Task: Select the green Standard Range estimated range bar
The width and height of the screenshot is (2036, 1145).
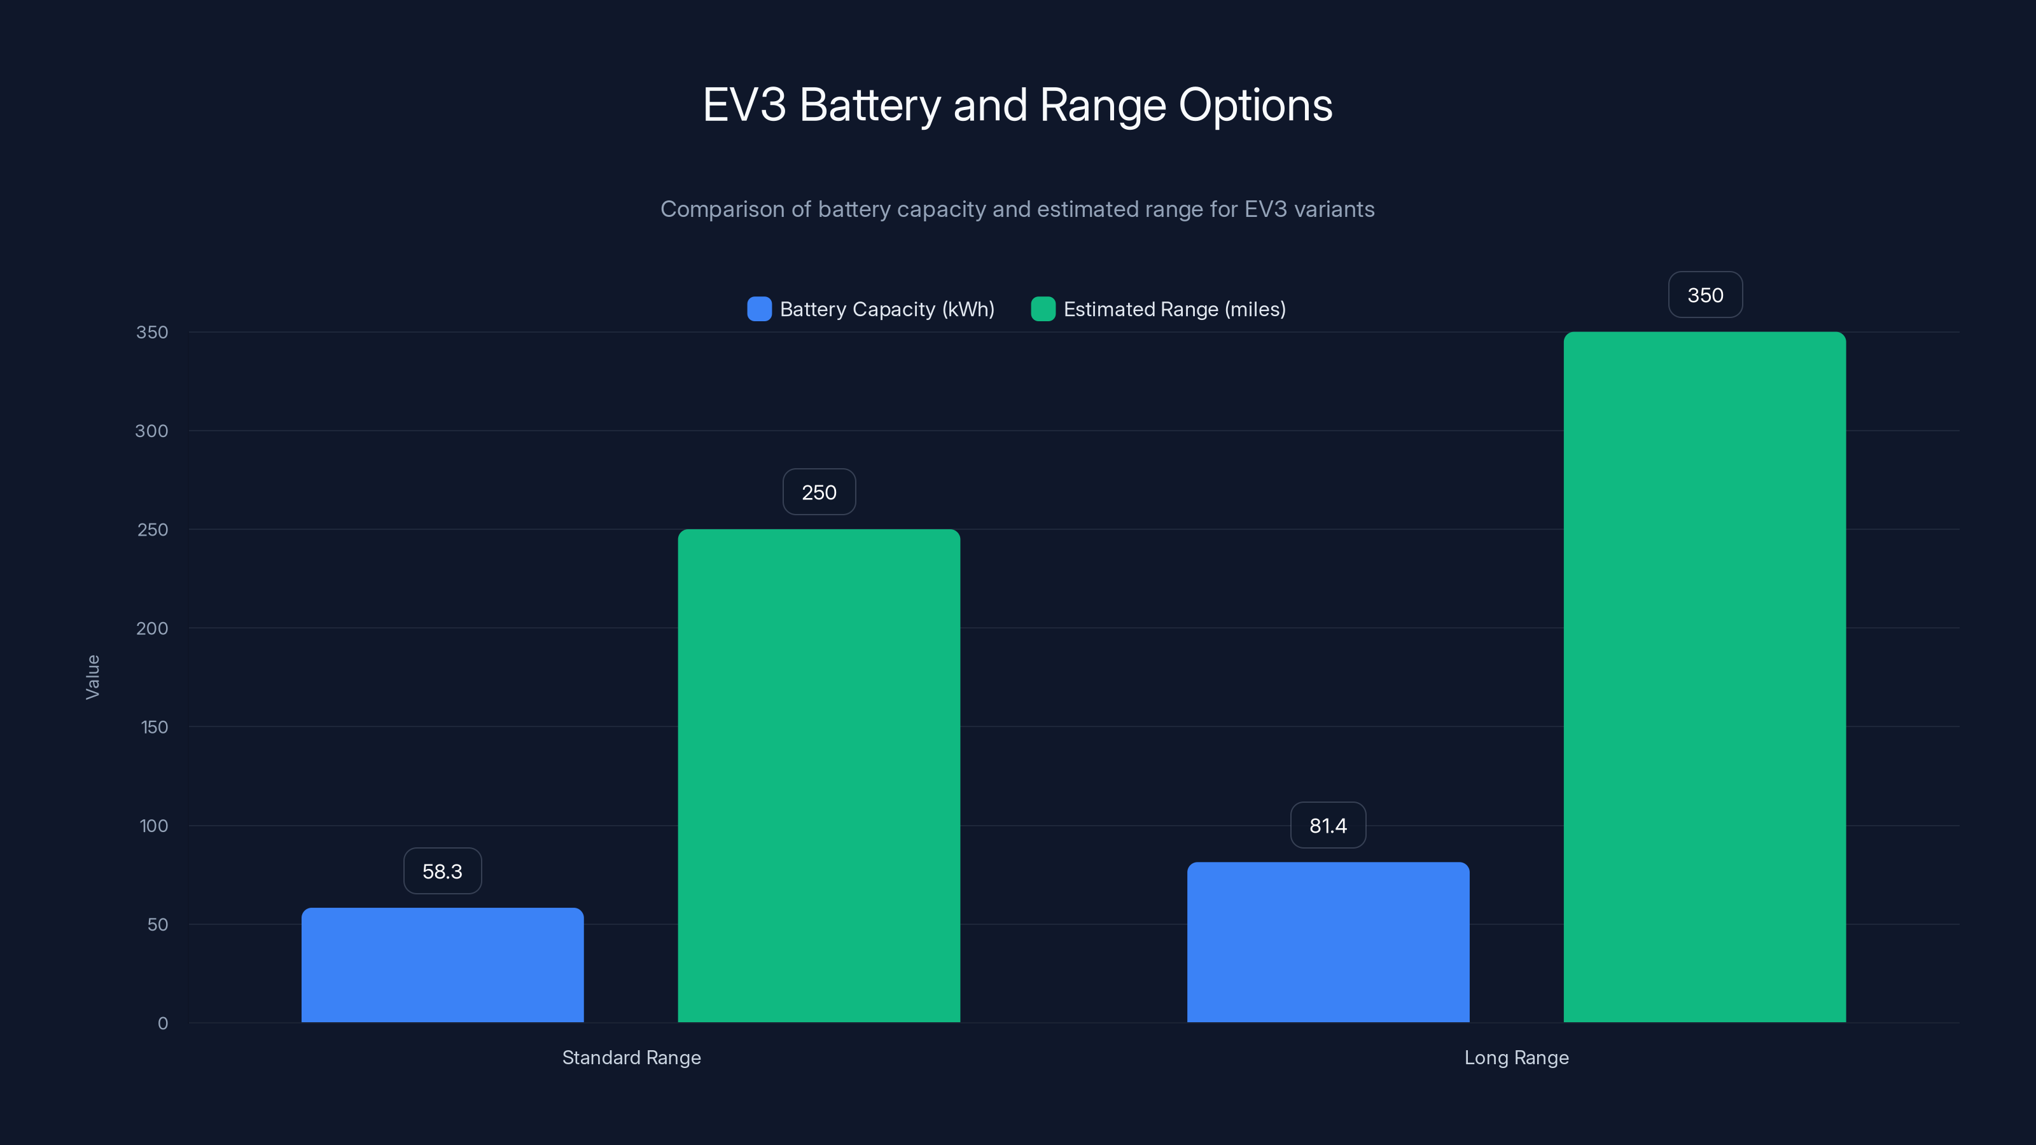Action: (x=819, y=775)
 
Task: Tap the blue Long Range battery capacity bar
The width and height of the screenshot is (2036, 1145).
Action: (x=1328, y=942)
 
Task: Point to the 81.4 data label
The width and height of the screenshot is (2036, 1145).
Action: (x=1328, y=825)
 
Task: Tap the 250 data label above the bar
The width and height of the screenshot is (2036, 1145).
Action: (x=819, y=492)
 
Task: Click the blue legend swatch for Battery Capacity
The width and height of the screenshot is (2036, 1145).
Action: (x=759, y=309)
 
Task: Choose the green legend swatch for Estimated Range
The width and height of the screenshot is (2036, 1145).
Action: (x=1043, y=309)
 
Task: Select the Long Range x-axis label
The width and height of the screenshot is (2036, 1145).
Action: (x=1516, y=1057)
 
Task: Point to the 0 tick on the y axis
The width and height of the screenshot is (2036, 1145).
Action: (x=163, y=1024)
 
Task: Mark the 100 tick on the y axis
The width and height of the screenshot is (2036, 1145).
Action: (x=153, y=826)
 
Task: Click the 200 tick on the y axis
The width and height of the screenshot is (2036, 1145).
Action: (x=152, y=628)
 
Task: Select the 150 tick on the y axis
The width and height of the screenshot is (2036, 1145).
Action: (x=154, y=727)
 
